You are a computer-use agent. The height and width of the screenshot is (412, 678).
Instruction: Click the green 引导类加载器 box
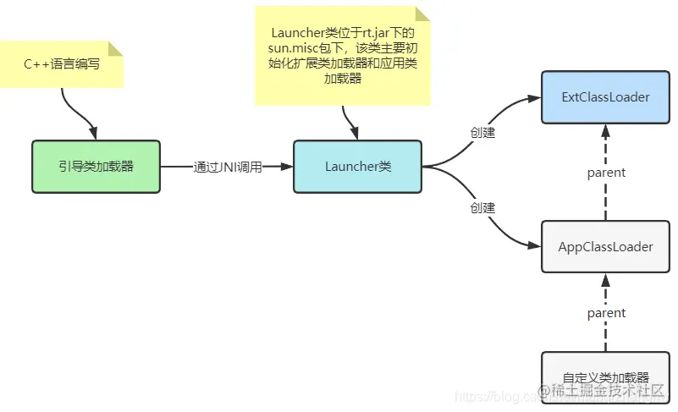(x=96, y=167)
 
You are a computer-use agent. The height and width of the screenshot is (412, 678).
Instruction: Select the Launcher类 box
(x=357, y=167)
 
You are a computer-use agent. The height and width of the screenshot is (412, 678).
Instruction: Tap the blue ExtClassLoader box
(x=605, y=97)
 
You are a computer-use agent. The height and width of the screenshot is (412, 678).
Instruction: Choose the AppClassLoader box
(x=605, y=247)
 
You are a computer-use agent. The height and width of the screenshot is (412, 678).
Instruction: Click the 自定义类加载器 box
(x=605, y=377)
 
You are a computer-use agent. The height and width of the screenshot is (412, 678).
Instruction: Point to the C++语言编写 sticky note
(x=74, y=63)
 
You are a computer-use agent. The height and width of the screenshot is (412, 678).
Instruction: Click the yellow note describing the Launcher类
(x=342, y=55)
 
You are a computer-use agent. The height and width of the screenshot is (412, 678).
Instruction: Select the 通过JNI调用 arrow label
(x=228, y=167)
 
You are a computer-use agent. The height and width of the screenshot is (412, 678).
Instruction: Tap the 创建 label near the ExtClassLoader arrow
(x=482, y=133)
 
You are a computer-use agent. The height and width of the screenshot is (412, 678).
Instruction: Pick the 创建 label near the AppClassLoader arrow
(x=482, y=206)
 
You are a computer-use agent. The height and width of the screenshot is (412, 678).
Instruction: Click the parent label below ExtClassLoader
(x=606, y=173)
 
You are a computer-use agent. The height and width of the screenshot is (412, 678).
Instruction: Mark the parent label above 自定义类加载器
(x=606, y=313)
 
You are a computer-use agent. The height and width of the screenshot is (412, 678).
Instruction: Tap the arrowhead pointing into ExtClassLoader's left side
(x=535, y=98)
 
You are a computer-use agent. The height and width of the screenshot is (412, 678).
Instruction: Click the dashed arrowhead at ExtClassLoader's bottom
(x=605, y=129)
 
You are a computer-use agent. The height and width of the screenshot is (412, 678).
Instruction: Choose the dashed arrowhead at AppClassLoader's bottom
(x=605, y=279)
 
